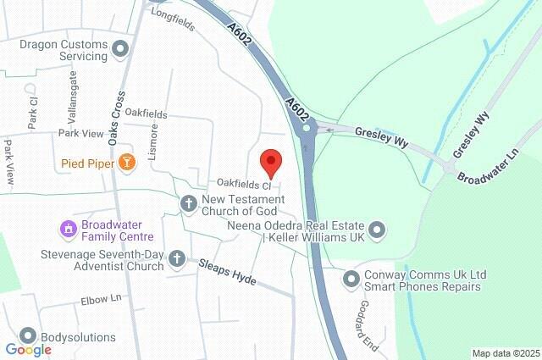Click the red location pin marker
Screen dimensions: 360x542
point(270,161)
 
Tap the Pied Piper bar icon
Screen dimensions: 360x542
point(126,161)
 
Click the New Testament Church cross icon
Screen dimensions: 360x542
point(189,203)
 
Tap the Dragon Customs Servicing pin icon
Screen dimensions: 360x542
point(119,49)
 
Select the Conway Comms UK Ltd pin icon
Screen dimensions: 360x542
point(351,278)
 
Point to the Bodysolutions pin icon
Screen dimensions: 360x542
point(29,337)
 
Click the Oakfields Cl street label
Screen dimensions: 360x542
point(243,184)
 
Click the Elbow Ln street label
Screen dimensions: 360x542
point(102,299)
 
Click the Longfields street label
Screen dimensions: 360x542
point(173,19)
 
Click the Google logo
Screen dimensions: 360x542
point(28,350)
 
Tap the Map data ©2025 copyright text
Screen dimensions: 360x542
point(505,353)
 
